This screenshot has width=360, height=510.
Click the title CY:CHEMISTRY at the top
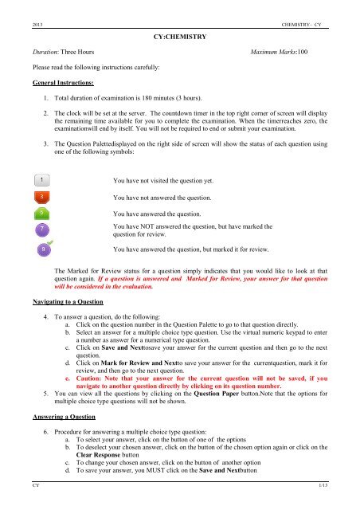coord(180,37)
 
